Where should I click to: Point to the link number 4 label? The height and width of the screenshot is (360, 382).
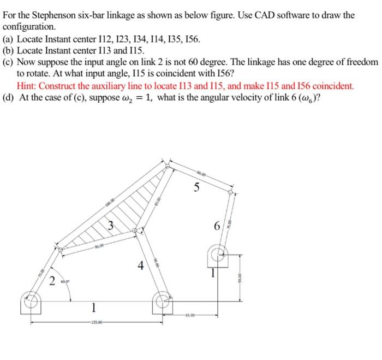(141, 267)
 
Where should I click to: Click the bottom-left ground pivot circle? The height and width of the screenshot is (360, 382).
(31, 300)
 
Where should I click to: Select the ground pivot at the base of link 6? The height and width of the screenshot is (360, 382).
(217, 253)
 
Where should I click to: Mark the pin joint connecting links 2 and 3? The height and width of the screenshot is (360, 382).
(61, 250)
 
